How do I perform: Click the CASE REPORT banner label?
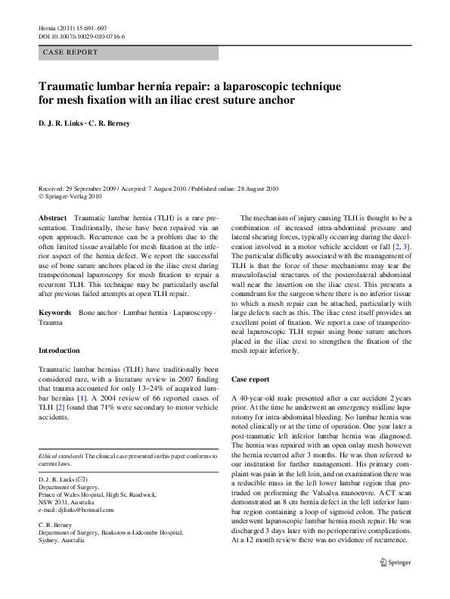click(x=70, y=52)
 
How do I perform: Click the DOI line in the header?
click(x=82, y=36)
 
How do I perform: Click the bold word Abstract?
click(x=52, y=217)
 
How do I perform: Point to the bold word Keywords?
click(x=55, y=312)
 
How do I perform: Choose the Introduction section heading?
click(x=59, y=351)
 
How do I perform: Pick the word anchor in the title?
click(x=275, y=99)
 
